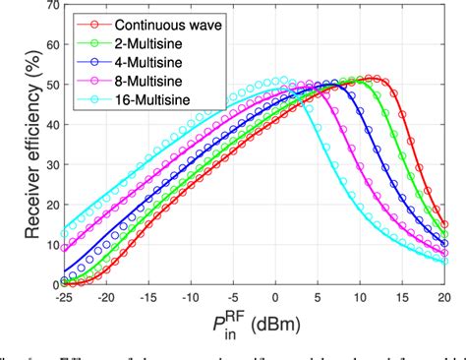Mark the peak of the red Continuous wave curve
[x=369, y=78]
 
